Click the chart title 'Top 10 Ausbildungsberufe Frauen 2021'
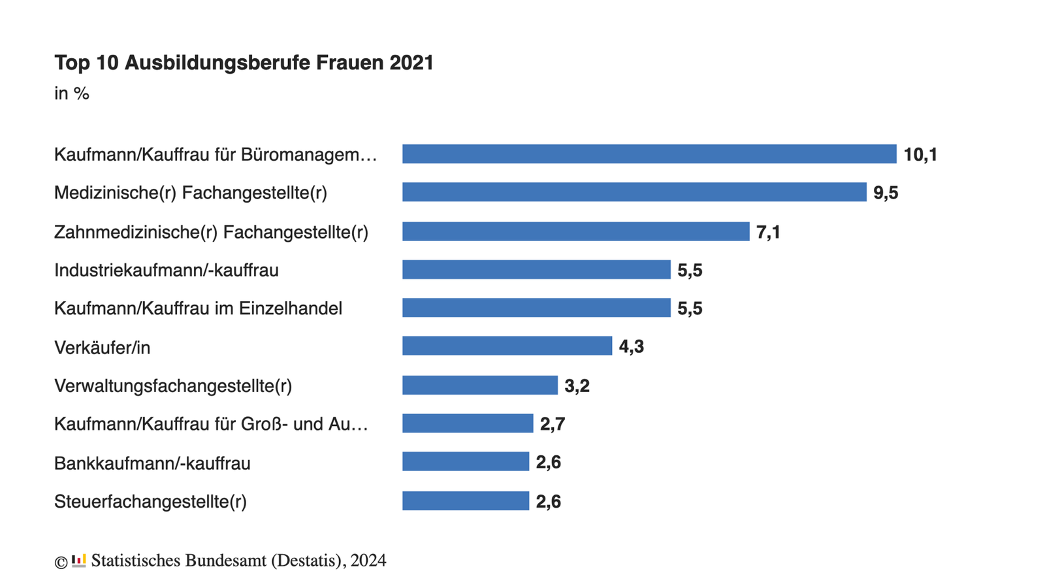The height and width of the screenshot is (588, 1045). coord(244,63)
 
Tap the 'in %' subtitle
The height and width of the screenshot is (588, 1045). coord(71,94)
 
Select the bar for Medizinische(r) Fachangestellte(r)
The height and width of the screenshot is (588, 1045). coord(634,192)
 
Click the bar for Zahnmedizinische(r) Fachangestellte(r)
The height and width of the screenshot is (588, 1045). coord(575,231)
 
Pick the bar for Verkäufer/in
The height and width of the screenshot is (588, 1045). coord(507,346)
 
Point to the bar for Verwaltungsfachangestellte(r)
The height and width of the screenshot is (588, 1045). coord(479,385)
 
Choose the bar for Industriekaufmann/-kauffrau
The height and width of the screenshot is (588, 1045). coord(536,270)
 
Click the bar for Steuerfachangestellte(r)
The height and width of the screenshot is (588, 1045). coord(465,501)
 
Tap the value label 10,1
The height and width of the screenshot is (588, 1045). coord(920,155)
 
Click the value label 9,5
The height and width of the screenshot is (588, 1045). coord(886,193)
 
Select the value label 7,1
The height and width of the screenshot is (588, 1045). coord(768,233)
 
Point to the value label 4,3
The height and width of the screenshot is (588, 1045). coord(631,347)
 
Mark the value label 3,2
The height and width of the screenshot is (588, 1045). coord(577,386)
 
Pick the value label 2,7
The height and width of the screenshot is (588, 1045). coord(552,425)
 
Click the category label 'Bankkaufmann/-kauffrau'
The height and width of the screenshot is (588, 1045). coord(152,463)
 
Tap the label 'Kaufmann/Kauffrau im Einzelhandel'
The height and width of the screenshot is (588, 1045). coord(198,308)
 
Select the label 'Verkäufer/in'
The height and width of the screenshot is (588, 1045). coord(102,348)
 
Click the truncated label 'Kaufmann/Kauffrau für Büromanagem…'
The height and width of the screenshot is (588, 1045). coord(216,155)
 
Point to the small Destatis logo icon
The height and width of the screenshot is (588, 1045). coord(79,561)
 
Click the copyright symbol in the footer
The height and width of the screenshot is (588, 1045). coord(61,562)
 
